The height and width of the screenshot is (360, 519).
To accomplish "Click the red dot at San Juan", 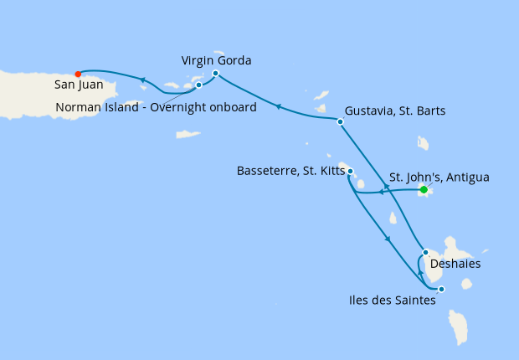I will click(78, 73).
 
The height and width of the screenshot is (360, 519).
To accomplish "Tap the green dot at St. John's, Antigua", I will click(424, 190).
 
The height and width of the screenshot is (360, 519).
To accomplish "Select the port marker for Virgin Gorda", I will click(215, 74).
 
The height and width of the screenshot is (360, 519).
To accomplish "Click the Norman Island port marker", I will click(198, 85).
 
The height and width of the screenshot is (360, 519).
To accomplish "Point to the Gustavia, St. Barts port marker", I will click(340, 122).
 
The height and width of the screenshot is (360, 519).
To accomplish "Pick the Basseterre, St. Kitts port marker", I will click(350, 172).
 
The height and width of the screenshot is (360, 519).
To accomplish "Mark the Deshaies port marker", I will click(425, 252).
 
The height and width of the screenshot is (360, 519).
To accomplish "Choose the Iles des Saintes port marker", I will click(441, 290).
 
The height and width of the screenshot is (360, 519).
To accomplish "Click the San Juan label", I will click(78, 85).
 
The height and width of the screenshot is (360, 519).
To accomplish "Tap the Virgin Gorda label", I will click(217, 60).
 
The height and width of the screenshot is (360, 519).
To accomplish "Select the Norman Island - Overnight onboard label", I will click(156, 106).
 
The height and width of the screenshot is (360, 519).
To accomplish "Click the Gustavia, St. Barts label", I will click(395, 111).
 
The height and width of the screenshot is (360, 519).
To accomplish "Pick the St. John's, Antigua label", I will click(439, 177).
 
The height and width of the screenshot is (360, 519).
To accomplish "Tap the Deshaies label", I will click(455, 263).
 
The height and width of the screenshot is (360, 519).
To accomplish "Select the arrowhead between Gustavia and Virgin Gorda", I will click(278, 106).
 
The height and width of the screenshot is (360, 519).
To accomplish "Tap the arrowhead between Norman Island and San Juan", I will click(143, 80).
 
